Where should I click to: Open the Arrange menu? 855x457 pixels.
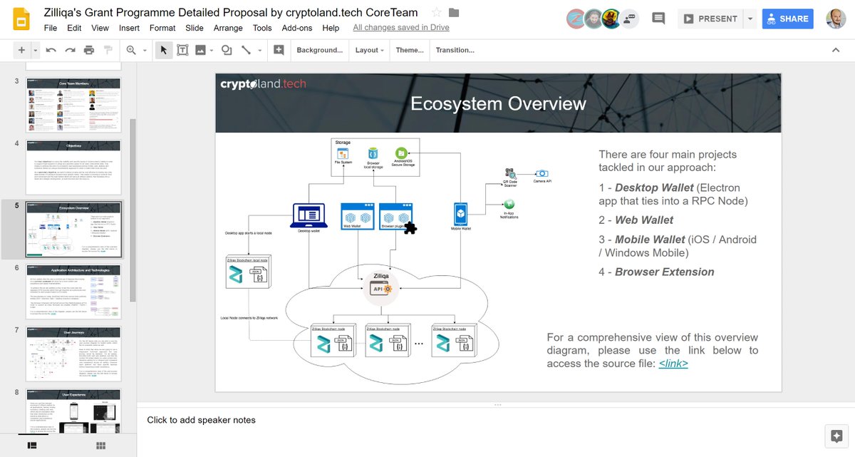click(228, 28)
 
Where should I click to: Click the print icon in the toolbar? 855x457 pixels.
click(89, 50)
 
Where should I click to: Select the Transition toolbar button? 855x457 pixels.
click(455, 50)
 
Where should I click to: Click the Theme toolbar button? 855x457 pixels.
click(410, 50)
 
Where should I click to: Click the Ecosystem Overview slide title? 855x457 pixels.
click(498, 103)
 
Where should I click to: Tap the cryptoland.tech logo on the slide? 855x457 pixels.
click(263, 84)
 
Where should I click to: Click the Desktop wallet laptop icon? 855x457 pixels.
click(309, 215)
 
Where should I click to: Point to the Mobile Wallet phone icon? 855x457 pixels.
click(461, 214)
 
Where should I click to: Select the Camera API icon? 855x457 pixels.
click(542, 173)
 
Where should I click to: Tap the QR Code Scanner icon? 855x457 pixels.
click(509, 173)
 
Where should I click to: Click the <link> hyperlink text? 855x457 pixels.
click(673, 364)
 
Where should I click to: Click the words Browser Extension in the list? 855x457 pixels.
click(664, 272)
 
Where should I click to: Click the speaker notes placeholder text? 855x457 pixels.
click(201, 420)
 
